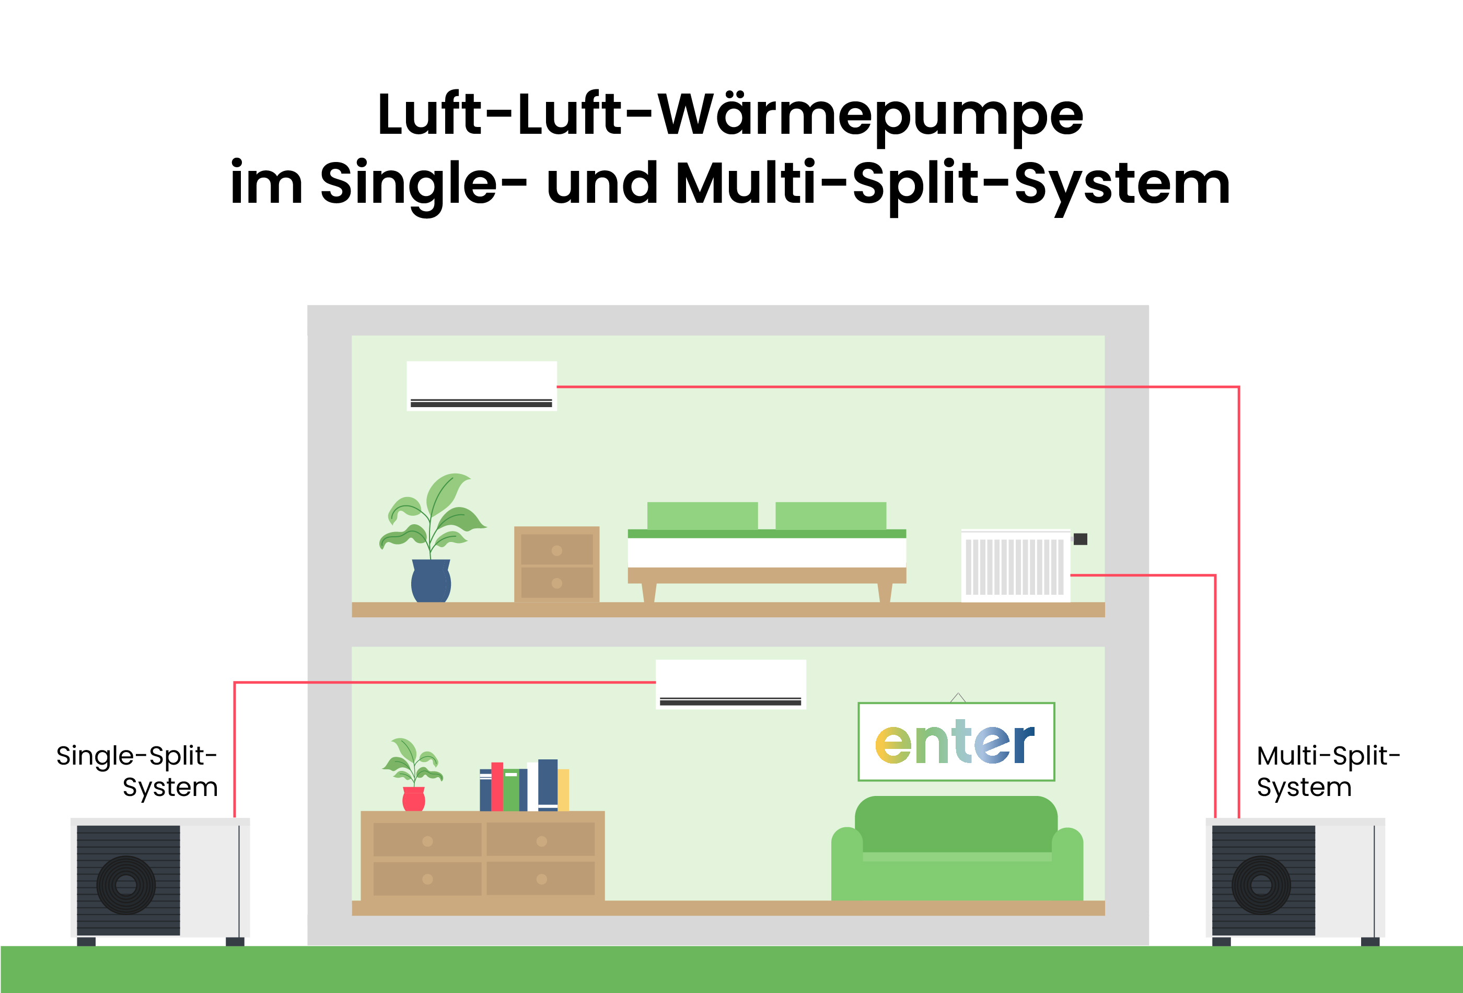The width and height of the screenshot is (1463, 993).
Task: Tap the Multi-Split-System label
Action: [x=1327, y=771]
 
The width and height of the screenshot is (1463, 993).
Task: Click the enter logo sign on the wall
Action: [x=956, y=742]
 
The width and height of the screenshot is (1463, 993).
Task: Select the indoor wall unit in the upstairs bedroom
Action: [x=482, y=385]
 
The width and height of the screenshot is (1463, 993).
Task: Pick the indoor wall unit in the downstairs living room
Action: [x=730, y=685]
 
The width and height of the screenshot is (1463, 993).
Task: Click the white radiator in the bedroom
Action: [x=1015, y=565]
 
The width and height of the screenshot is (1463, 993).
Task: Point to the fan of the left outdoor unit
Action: [x=126, y=885]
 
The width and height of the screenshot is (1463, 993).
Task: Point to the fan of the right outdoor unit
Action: [x=1261, y=885]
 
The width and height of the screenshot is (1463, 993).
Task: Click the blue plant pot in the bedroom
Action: [x=431, y=581]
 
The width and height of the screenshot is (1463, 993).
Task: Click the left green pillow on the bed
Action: [x=702, y=516]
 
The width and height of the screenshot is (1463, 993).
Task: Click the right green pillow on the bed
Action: [x=830, y=516]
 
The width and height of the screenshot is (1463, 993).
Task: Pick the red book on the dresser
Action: [x=497, y=787]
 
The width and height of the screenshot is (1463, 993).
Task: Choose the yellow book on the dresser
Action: [x=563, y=790]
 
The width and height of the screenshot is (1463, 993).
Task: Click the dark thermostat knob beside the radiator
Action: [x=1080, y=539]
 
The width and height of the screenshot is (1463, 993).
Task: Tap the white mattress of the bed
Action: [x=766, y=553]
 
